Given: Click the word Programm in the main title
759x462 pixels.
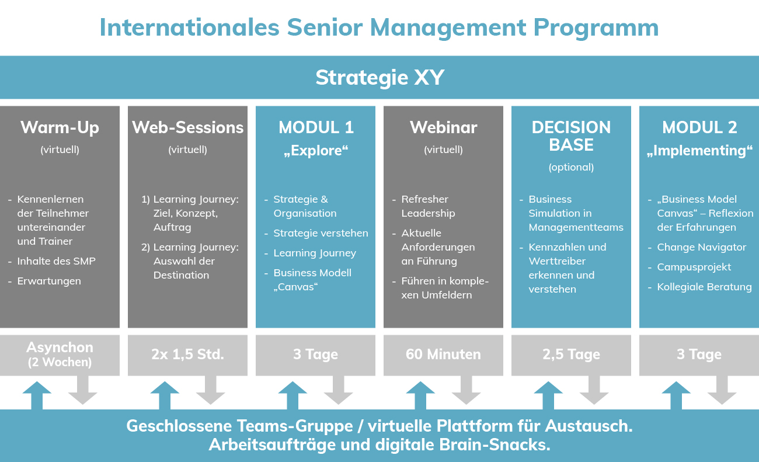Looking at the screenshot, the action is pos(596,29).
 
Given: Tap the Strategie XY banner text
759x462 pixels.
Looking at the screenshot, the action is pos(380,78).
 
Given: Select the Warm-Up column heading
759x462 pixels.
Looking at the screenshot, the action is pos(60,128).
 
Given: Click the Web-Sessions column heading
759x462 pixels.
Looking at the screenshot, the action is pos(188,127).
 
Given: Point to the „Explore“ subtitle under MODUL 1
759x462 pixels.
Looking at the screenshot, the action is pos(316,151).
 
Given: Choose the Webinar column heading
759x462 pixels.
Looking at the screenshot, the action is pos(443,127).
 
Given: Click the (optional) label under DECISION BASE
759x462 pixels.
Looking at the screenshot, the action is pos(571,167).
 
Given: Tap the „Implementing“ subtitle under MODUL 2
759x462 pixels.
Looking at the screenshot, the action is pos(699,151).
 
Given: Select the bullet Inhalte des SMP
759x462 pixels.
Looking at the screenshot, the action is pos(56,261).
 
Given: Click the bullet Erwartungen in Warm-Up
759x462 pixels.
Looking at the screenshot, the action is pos(49,281).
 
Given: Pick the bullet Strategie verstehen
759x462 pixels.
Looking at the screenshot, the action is pos(321,233).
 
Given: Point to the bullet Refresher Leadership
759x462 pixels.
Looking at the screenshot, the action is pos(428,206).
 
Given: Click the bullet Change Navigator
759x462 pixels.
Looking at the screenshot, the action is pos(701,247).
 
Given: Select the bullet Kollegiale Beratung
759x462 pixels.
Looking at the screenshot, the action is pos(704,287).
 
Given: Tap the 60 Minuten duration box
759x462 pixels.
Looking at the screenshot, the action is pos(443,355).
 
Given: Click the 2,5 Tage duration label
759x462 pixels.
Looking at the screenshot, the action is pos(571,355).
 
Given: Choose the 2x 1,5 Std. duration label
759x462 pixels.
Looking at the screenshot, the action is pos(188,354).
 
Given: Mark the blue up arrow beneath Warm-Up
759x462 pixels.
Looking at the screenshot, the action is pos(37,395).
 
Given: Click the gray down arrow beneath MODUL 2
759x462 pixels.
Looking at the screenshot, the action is pos(722,390).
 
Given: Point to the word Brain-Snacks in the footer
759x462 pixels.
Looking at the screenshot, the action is pos(495,445).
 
